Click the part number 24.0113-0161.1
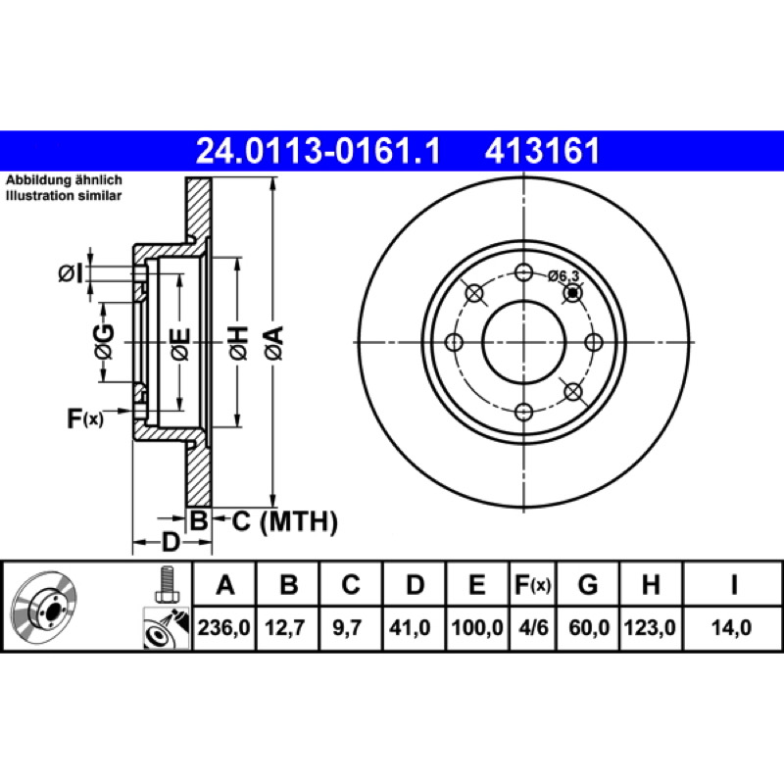click(x=318, y=151)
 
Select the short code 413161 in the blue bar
click(x=542, y=151)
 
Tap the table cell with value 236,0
click(x=224, y=627)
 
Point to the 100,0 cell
click(x=477, y=627)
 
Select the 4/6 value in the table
click(x=533, y=627)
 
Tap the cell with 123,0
click(x=650, y=627)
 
